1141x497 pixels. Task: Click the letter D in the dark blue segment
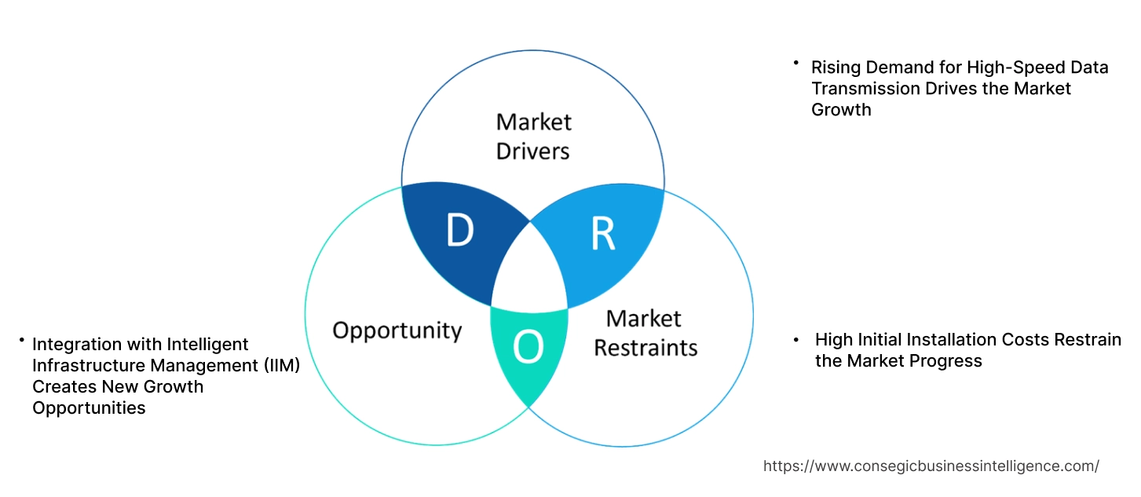click(460, 230)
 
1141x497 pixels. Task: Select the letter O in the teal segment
click(528, 348)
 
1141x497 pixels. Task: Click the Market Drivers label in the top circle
click(533, 136)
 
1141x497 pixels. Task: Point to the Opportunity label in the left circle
click(397, 330)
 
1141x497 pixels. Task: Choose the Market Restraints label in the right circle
click(645, 332)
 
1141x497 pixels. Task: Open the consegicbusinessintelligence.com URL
click(931, 466)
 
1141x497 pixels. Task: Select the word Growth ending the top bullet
click(841, 110)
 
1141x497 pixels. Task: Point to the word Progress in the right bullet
click(948, 361)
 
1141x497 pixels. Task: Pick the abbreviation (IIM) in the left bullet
click(280, 365)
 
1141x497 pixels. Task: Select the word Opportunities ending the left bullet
click(89, 407)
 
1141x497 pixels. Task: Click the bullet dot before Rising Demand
click(795, 62)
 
